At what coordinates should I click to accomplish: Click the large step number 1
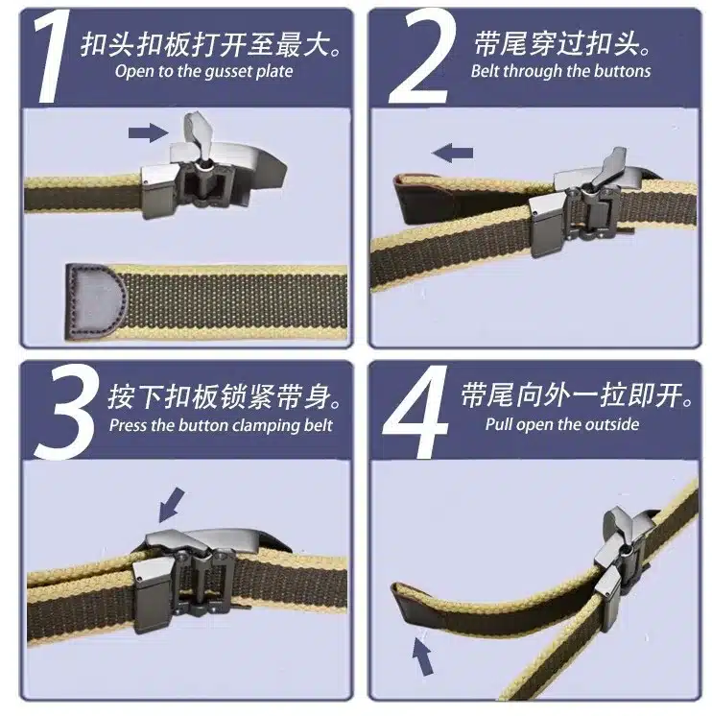[54, 57]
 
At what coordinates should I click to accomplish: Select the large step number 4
[416, 411]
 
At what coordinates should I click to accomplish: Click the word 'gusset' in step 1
[225, 72]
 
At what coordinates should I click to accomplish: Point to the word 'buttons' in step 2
[621, 71]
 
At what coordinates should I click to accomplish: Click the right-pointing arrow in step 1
[149, 132]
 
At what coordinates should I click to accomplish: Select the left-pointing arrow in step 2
[452, 153]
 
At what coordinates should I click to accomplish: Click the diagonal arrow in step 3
[171, 505]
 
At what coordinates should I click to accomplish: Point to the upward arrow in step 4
[422, 656]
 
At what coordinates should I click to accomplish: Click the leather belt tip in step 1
[95, 300]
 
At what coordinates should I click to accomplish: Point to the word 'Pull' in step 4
[499, 424]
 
